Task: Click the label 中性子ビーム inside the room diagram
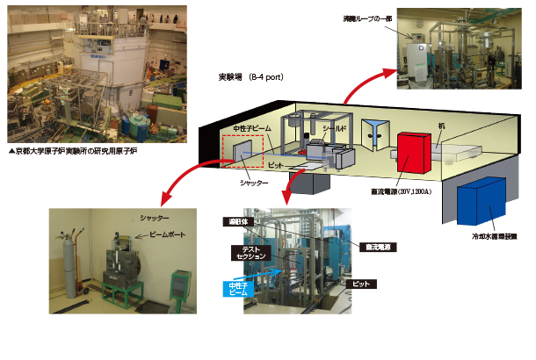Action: pyautogui.click(x=252, y=128)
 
